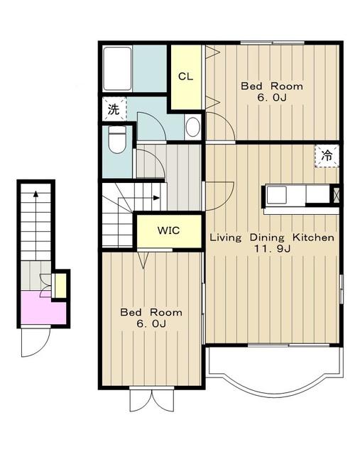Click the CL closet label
coord(185,77)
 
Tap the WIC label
coord(168,231)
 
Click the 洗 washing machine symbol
coord(114,109)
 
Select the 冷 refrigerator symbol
coord(327,156)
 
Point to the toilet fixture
coord(117,139)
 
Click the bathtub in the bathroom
coord(117,69)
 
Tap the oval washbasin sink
coord(192,127)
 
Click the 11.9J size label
coord(272,248)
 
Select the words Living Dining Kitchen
coord(272,238)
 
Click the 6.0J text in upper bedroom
coord(272,98)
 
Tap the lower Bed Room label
coord(151,312)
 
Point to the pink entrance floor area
coord(43,309)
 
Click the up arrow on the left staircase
coord(36,225)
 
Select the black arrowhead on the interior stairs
coord(156,198)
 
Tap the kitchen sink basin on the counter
coord(276,194)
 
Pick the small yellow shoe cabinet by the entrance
coord(60,286)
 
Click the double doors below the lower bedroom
coord(151,400)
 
